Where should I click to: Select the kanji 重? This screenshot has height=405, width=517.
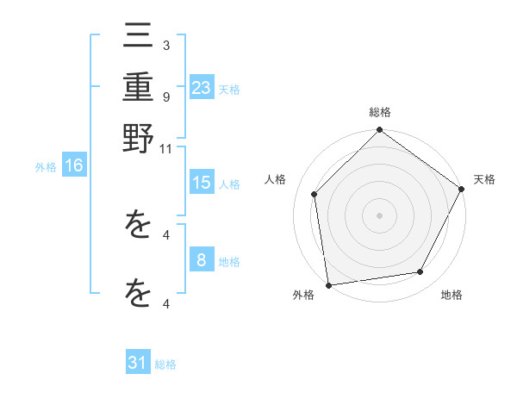tap(138, 89)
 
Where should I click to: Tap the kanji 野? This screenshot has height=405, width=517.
tap(138, 138)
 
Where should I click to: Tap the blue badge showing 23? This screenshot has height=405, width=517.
tap(202, 87)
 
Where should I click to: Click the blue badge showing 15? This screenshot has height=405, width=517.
tap(202, 183)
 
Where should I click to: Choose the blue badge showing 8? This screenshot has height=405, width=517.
tap(202, 259)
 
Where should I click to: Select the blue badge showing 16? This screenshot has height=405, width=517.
tap(74, 166)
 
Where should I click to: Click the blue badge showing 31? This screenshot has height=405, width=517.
tap(138, 363)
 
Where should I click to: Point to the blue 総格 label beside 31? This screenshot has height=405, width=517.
tap(165, 364)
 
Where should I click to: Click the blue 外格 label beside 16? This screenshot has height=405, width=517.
tap(46, 168)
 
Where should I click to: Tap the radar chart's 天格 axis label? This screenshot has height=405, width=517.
tap(484, 179)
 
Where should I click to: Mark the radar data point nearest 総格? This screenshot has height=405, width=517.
tap(379, 131)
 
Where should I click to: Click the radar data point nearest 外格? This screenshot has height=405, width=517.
tap(328, 284)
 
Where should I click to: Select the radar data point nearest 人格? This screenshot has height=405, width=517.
tap(315, 194)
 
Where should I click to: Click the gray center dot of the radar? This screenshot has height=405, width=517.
tap(379, 215)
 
